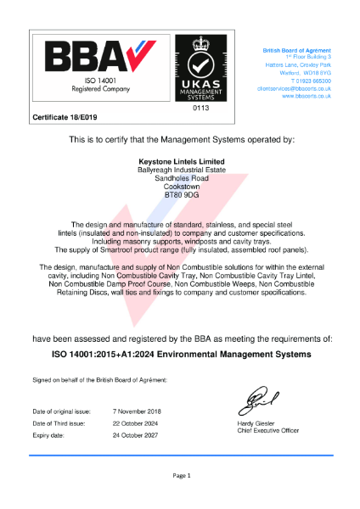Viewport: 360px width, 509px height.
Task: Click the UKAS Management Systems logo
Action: pos(200,70)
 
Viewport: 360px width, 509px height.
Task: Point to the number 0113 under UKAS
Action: pos(200,109)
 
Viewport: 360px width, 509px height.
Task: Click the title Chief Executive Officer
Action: pos(268,430)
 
